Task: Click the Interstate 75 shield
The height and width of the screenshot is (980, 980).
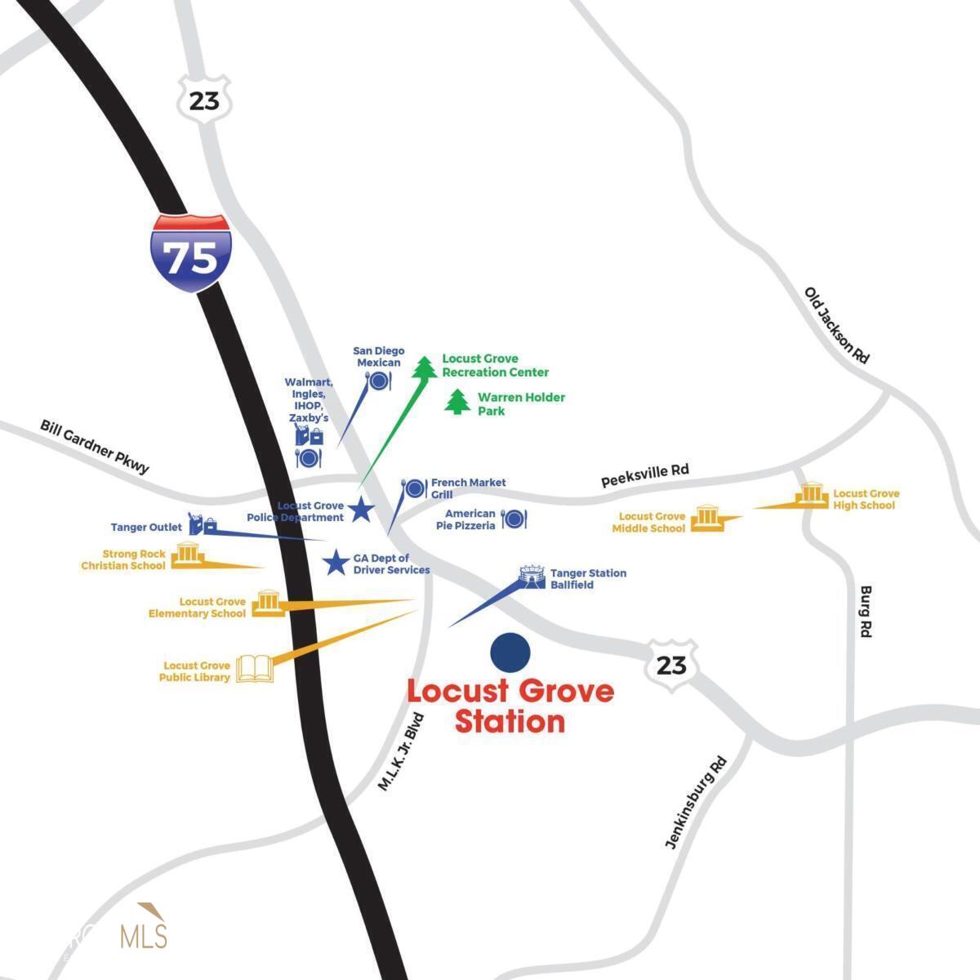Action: (x=190, y=254)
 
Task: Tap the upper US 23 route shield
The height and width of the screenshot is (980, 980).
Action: (x=204, y=100)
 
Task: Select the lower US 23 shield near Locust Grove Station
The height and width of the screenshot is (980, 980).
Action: (x=671, y=665)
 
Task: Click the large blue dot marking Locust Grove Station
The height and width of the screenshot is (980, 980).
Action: (x=510, y=652)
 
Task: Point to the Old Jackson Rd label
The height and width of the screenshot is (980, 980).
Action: (x=837, y=325)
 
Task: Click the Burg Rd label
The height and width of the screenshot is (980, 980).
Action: (x=866, y=611)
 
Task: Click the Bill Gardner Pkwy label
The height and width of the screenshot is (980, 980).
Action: (x=95, y=447)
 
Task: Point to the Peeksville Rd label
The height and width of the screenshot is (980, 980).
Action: (x=644, y=474)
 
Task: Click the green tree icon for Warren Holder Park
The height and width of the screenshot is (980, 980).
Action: (x=457, y=402)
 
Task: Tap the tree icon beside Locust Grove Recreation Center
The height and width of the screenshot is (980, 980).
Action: (x=424, y=367)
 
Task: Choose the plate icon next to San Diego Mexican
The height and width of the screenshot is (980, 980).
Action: (x=379, y=381)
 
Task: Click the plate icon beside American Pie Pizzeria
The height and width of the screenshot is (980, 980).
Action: (x=514, y=519)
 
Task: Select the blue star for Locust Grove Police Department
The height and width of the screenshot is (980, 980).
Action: (x=361, y=510)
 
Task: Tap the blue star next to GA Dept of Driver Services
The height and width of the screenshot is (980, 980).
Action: (x=335, y=563)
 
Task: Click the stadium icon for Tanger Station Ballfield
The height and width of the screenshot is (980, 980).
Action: (x=532, y=577)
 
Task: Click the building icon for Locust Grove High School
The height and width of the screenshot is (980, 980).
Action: (x=811, y=496)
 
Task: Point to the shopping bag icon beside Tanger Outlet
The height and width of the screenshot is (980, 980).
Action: (x=201, y=523)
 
